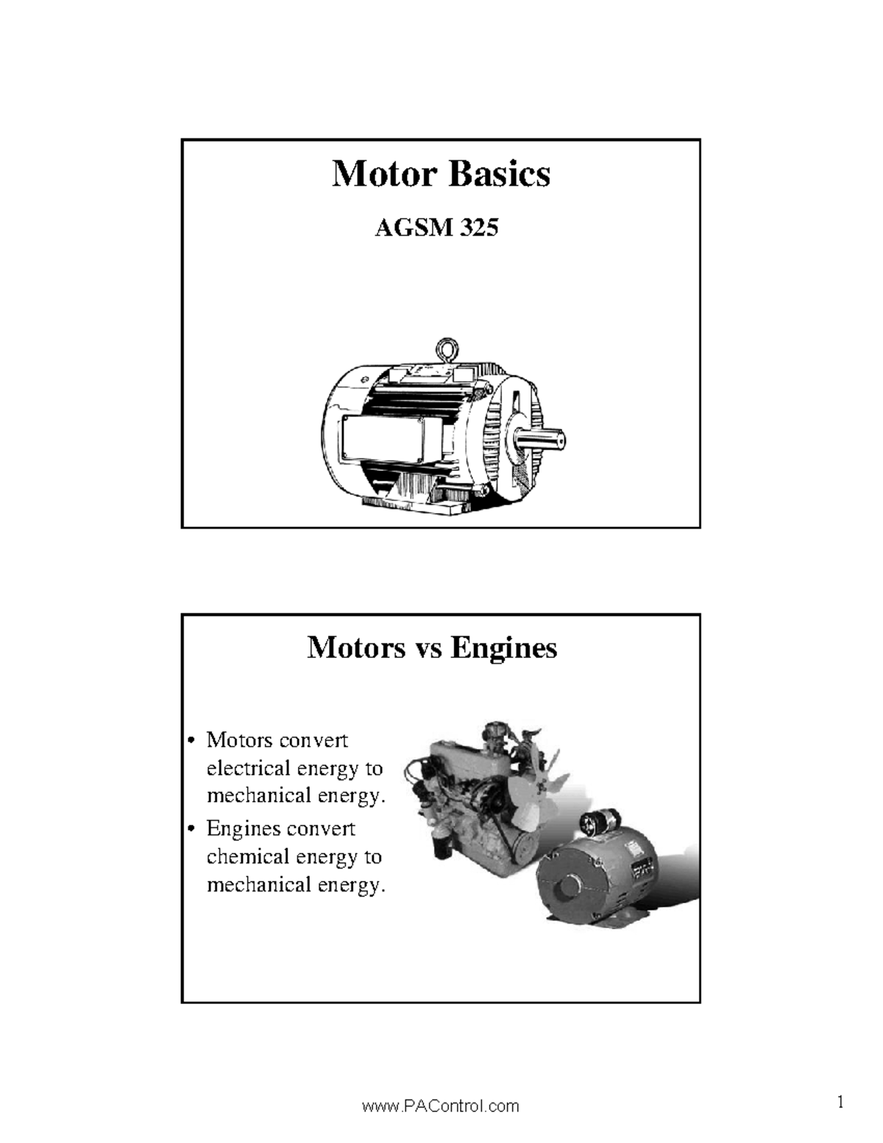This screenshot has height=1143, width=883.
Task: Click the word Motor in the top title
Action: coord(385,174)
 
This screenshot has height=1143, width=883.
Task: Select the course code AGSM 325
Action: coord(436,228)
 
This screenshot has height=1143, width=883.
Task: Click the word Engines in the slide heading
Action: coord(504,648)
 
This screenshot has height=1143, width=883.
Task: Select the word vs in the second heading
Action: coord(428,649)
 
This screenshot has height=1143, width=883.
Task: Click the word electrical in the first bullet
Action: coord(248,768)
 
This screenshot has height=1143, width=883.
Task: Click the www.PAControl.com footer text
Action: coord(440,1106)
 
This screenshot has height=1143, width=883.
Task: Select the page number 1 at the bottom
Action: coord(840,1102)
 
